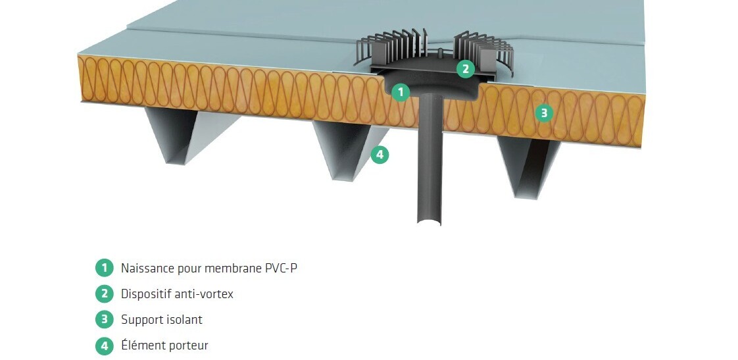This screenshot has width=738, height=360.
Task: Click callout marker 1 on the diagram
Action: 401,92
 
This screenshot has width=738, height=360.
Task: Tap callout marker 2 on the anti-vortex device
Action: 465,68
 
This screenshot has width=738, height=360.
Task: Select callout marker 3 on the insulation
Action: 543,113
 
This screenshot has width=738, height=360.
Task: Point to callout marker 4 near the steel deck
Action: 380,155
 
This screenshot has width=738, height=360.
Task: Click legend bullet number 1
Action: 104,268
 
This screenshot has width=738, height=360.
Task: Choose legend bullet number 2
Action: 104,294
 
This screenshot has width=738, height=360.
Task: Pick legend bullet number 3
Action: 104,320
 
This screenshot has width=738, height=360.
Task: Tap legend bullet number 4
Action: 104,346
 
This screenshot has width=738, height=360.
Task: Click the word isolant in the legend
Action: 184,320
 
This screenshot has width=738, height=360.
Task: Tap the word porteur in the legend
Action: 187,346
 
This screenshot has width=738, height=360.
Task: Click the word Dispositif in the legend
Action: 144,294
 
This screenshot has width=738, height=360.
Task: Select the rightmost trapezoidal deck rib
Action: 530,167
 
